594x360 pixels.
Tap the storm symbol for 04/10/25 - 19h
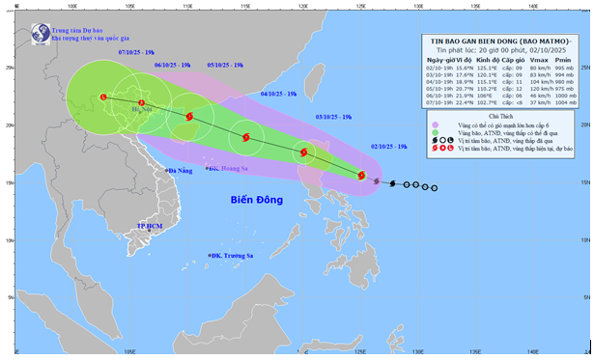[x=244, y=138]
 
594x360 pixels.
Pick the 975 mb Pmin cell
[x=572, y=88]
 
